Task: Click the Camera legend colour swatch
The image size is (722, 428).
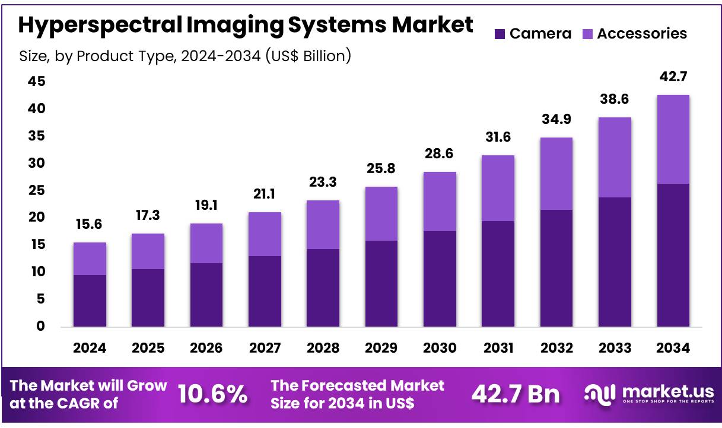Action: coord(500,34)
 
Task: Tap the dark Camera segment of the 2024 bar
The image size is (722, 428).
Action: coord(90,301)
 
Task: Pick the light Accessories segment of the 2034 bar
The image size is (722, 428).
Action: coord(673,139)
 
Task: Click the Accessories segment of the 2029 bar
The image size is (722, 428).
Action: coord(381,213)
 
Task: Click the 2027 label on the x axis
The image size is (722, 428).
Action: coord(265,348)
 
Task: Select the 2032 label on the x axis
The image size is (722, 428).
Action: coord(556,348)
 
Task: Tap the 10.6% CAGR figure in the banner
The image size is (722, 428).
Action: coord(213,394)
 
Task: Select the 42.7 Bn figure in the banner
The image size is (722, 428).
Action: coord(515,394)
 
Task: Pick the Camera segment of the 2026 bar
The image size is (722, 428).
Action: coord(206,295)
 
